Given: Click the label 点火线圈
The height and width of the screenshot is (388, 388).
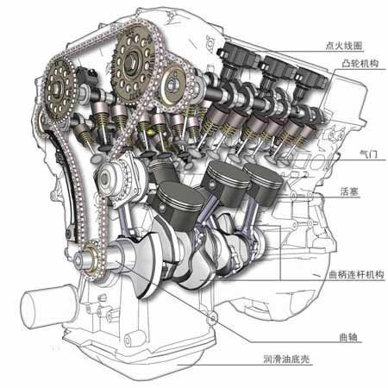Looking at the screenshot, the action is (344, 46).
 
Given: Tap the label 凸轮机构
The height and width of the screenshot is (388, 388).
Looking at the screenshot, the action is (360, 64).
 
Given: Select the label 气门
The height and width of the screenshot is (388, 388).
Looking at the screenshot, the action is (368, 154).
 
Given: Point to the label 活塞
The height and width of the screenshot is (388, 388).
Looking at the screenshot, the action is (350, 191).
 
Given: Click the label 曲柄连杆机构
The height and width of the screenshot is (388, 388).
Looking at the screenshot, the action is (356, 275).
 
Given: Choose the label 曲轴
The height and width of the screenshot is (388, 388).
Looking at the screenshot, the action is (348, 337).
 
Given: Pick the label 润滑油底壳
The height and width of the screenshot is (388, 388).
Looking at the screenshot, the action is (287, 360).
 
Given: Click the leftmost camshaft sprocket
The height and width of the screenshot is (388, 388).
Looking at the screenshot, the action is (59, 89).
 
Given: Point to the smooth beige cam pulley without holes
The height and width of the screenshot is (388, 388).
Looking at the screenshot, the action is (173, 84).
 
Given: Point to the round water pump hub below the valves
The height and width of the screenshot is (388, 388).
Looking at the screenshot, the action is (107, 178).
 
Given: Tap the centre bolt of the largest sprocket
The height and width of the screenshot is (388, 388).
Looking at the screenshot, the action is (132, 63).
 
